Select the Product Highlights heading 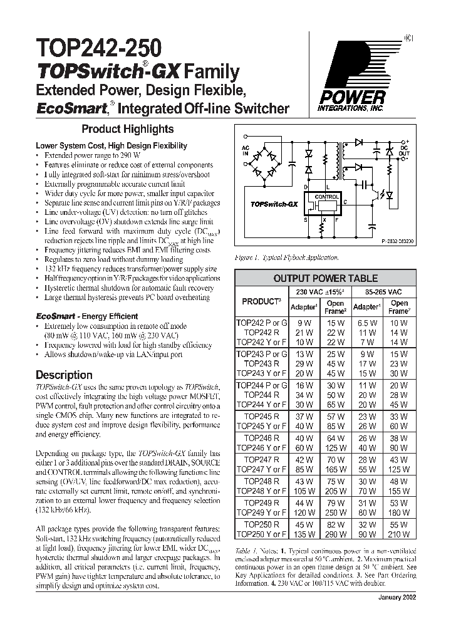128,129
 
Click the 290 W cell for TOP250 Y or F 335,534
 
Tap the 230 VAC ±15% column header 319,292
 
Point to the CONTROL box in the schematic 326,197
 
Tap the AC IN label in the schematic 245,150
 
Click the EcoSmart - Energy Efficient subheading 86,316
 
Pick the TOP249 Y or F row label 261,512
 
